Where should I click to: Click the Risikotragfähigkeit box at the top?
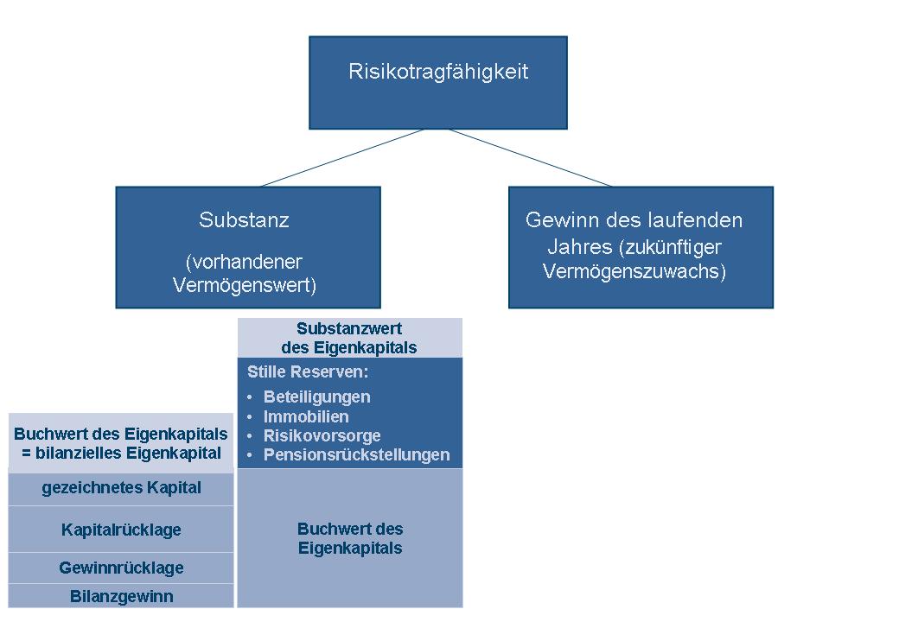[x=437, y=82]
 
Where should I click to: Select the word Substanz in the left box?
[x=244, y=220]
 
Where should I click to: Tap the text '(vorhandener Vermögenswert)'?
[x=244, y=274]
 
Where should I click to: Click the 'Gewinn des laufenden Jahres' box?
[x=641, y=247]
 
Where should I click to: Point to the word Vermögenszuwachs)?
[x=634, y=271]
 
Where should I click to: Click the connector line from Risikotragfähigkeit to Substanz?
[x=341, y=158]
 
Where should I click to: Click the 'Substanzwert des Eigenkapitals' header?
[x=349, y=338]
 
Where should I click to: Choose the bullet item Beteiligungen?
[x=316, y=397]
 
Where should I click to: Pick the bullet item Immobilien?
[x=306, y=416]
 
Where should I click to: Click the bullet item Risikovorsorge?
[x=322, y=435]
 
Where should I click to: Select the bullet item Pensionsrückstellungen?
[x=356, y=454]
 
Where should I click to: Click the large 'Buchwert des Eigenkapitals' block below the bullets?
[x=350, y=538]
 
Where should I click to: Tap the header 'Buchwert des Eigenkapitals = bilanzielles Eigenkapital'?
[x=121, y=443]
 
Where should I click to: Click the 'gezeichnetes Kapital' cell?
[x=121, y=488]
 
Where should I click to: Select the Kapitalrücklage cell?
[x=121, y=530]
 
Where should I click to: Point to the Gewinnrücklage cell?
[x=121, y=568]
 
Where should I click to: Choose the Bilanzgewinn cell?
[x=121, y=596]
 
